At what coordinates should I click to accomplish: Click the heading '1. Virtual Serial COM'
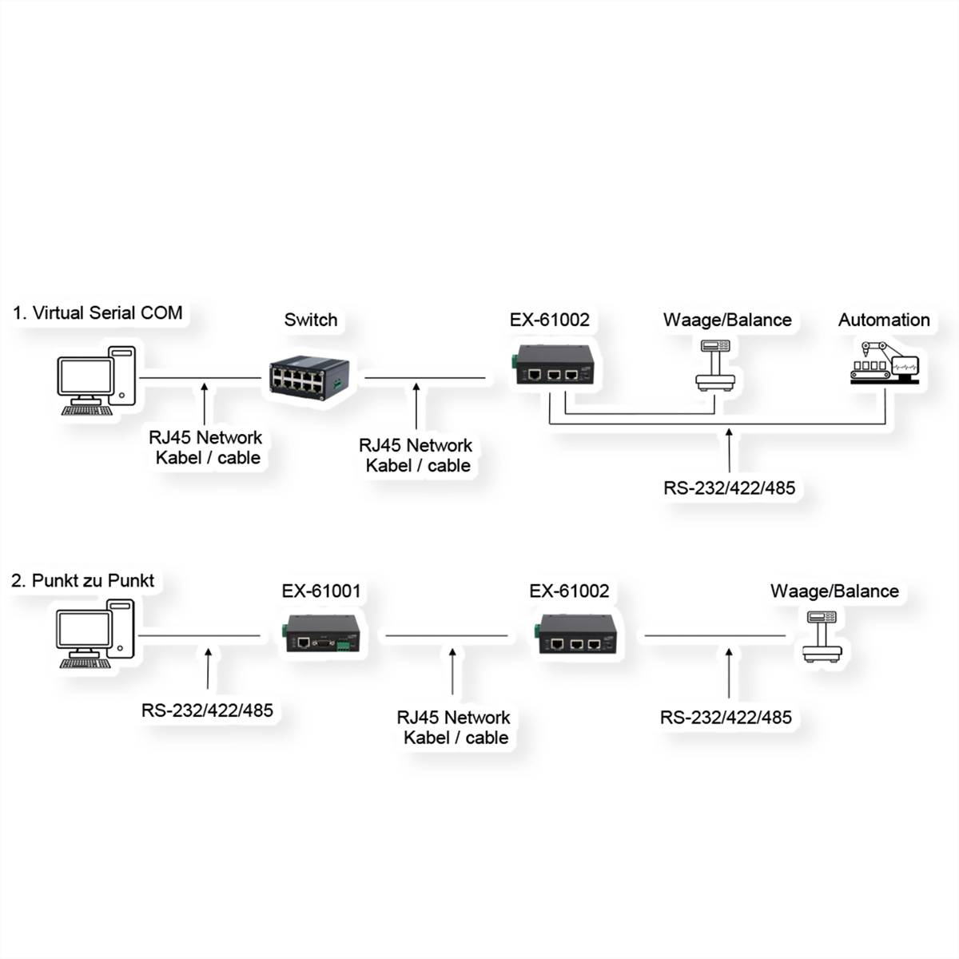(x=97, y=312)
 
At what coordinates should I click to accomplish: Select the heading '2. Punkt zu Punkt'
(x=82, y=580)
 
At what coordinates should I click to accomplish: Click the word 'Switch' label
(x=311, y=320)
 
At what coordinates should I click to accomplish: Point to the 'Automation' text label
(x=884, y=320)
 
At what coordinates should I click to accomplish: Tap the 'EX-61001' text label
(x=321, y=591)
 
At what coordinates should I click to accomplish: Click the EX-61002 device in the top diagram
(x=554, y=365)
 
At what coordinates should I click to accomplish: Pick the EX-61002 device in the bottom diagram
(x=577, y=634)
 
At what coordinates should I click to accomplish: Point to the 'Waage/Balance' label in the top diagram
(x=727, y=320)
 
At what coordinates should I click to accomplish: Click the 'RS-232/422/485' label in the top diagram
(x=729, y=487)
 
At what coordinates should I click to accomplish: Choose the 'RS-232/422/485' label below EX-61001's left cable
(x=208, y=710)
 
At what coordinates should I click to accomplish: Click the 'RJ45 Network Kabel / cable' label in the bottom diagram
(x=454, y=727)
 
